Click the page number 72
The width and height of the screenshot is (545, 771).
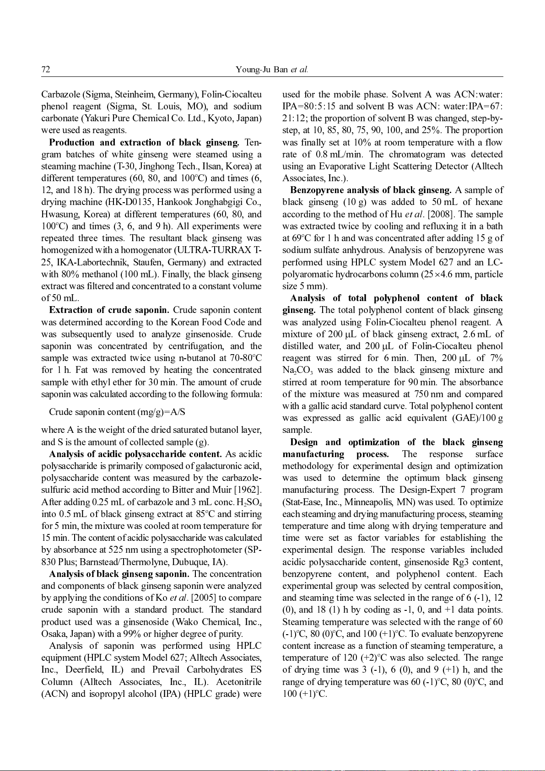tap(45, 70)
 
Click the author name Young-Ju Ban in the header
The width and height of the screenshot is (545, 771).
tap(262, 70)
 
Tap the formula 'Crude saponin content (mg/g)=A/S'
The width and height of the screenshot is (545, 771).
tap(117, 412)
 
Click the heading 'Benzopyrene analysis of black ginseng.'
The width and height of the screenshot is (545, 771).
tap(371, 190)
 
